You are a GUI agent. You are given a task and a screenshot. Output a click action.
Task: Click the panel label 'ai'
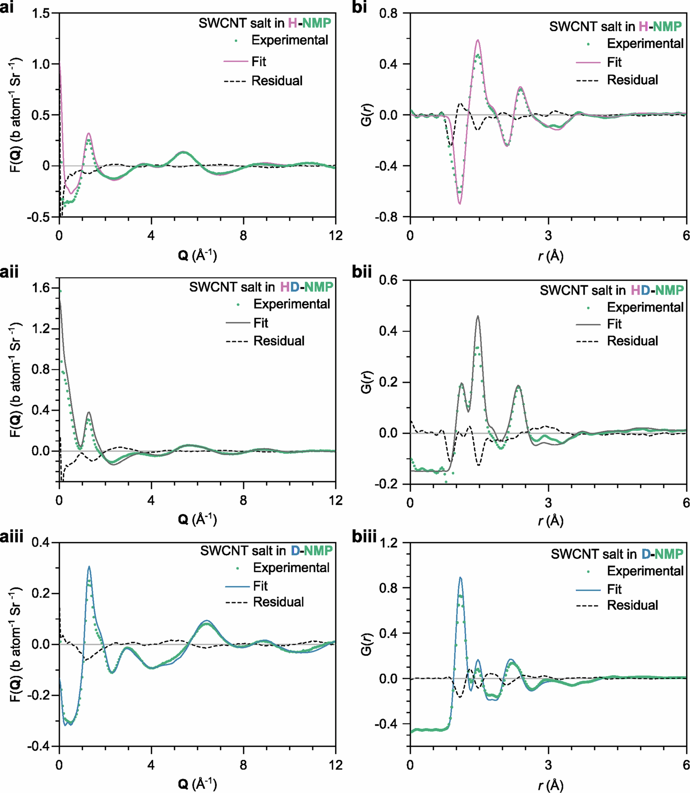(7, 7)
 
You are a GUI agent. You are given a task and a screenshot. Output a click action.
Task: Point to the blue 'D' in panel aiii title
(295, 551)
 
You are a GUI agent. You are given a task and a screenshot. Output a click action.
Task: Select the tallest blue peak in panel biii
(460, 577)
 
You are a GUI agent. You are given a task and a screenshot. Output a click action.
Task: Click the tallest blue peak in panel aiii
(89, 566)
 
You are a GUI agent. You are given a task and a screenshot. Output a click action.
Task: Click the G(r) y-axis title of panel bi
(367, 115)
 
